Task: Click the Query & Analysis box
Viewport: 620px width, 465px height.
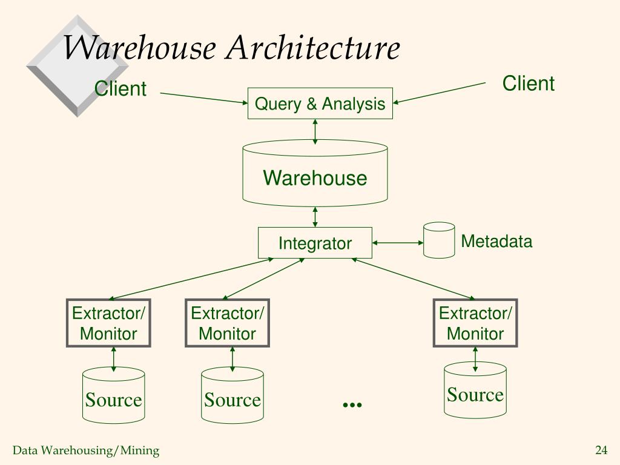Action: tap(320, 103)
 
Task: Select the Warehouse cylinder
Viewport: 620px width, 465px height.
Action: tap(315, 173)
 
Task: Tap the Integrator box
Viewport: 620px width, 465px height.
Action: tap(315, 243)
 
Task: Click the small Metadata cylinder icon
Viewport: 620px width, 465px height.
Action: tap(439, 240)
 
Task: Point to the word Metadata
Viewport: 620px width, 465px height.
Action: tap(496, 241)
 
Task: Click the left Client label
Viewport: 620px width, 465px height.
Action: tap(120, 88)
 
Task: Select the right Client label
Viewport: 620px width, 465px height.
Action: tap(528, 84)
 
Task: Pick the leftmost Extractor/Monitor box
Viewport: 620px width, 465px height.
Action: tap(108, 323)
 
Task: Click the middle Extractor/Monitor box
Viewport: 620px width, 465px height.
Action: tap(228, 323)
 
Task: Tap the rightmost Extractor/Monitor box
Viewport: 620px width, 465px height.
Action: tap(475, 323)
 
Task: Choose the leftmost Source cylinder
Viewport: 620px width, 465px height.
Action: tap(113, 395)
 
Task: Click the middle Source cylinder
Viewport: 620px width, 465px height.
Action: tap(232, 395)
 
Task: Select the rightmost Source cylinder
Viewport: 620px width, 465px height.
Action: tap(475, 391)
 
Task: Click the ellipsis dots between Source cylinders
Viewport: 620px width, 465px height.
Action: tap(352, 404)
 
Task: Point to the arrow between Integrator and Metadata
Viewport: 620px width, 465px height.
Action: tap(398, 243)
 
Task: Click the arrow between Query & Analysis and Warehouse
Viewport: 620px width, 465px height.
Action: tap(315, 131)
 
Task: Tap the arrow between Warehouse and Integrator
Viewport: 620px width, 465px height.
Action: tap(315, 217)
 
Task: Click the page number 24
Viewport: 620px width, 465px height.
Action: tap(601, 450)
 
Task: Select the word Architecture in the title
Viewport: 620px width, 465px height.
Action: tap(313, 47)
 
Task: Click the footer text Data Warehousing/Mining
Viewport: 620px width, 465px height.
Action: tap(86, 450)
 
